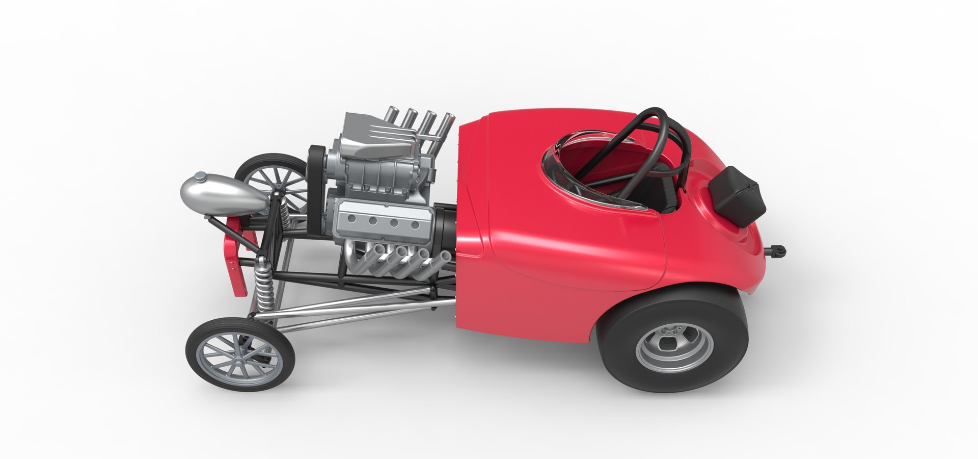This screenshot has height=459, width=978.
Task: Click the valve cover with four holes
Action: [x=382, y=219]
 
